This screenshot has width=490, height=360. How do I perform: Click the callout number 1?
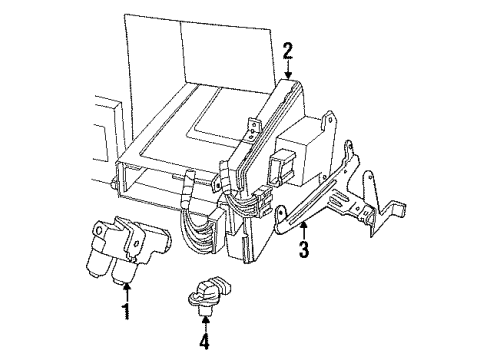tap(126, 312)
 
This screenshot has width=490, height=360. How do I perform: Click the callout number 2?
tap(288, 51)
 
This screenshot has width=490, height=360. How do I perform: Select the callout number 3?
tap(303, 249)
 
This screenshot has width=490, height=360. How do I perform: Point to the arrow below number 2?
tap(288, 69)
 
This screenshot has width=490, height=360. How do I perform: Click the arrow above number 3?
tap(303, 231)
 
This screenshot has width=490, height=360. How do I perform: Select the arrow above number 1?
tap(127, 292)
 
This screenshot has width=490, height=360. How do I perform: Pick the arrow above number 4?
tap(206, 323)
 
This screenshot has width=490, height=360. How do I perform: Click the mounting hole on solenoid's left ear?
tap(99, 230)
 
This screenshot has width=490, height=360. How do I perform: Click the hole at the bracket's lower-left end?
tap(281, 212)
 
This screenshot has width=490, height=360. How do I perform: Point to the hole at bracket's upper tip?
tap(348, 144)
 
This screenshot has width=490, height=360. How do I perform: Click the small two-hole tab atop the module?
tap(253, 127)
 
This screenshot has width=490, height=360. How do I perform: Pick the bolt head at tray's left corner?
tap(115, 183)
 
